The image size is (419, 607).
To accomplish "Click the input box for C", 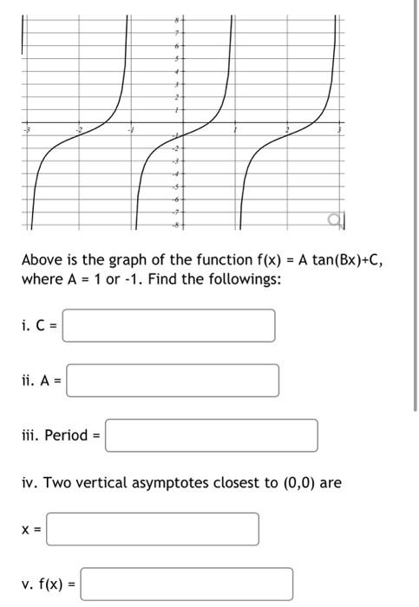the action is click(169, 325).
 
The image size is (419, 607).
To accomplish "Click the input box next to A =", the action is click(173, 380).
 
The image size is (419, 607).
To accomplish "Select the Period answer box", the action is click(211, 435).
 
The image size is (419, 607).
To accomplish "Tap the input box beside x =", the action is click(153, 529).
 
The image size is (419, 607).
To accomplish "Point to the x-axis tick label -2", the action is click(78, 129).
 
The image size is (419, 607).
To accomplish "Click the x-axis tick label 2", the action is click(288, 129).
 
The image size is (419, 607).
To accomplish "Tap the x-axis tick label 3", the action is click(339, 129).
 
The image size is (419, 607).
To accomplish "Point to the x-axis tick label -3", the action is click(25, 129).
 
